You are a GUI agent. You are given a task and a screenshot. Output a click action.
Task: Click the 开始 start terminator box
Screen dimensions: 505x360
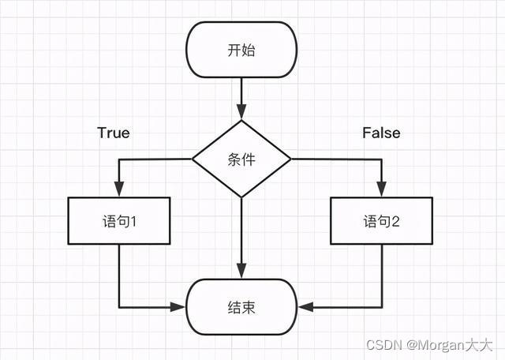tap(241, 51)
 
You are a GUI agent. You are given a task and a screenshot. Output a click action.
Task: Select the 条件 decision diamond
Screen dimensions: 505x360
tap(241, 159)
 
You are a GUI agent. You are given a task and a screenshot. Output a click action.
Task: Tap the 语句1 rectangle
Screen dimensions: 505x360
tap(119, 221)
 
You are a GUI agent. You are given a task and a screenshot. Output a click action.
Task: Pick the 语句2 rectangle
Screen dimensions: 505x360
tap(381, 221)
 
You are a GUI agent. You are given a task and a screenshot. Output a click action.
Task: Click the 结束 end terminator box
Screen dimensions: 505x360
tap(241, 306)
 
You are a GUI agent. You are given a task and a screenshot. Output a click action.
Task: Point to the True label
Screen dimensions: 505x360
tap(114, 133)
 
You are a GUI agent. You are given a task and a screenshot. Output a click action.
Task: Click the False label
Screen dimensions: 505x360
tap(381, 133)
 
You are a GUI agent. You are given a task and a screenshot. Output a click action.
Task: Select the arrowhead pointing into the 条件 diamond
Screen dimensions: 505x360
tap(241, 113)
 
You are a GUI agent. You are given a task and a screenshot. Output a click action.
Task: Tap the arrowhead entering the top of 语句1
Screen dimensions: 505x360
tap(119, 190)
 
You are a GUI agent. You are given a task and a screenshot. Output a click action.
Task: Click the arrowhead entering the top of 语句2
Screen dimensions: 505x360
tap(381, 190)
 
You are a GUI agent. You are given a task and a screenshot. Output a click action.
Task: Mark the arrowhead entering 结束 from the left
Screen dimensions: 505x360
tap(179, 306)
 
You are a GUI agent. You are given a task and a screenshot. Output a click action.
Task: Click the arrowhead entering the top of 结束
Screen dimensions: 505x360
tap(241, 272)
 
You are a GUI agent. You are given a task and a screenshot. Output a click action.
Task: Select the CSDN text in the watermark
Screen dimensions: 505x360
tap(382, 345)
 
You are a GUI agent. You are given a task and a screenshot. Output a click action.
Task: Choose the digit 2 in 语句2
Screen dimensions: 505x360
tap(395, 222)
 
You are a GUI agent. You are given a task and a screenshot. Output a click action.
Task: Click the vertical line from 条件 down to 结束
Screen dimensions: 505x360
tap(241, 233)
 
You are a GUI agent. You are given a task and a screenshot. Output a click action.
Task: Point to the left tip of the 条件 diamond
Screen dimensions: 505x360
tap(193, 159)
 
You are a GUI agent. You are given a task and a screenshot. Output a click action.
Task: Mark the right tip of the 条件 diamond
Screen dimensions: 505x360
tap(290, 159)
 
